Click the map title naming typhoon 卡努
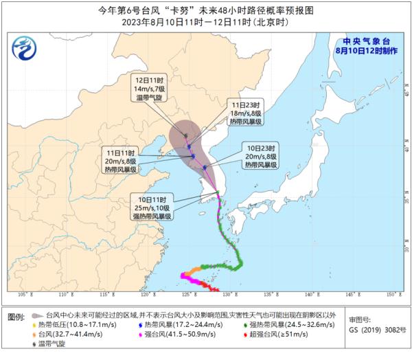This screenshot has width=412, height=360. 205,10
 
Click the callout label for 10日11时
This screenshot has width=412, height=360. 152,207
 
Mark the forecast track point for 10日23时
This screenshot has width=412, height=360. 205,166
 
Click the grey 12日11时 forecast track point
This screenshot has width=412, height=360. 185,135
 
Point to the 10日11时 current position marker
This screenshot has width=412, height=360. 218,198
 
